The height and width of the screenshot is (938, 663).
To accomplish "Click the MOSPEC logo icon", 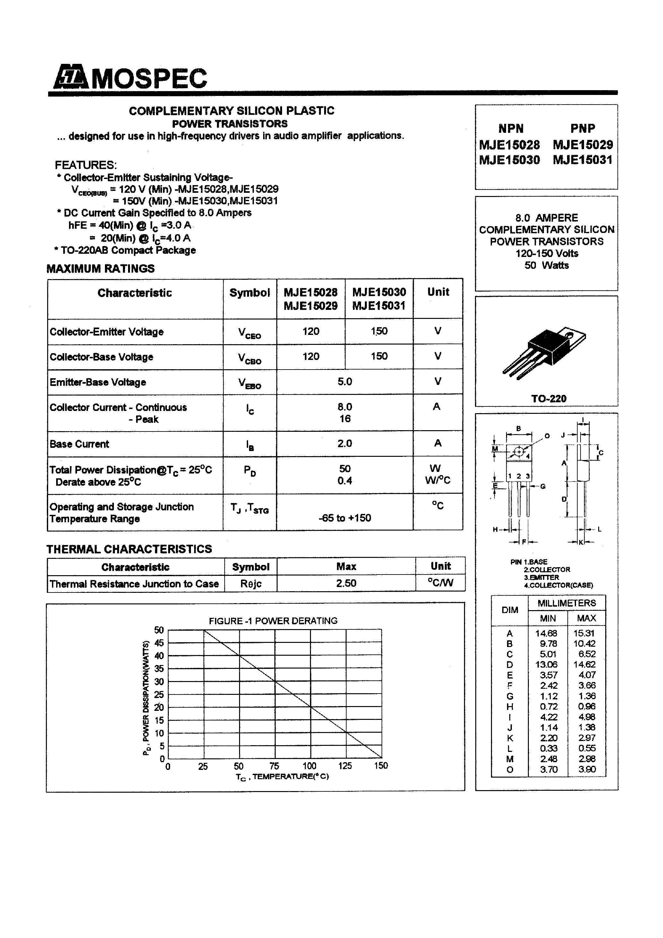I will click(70, 77).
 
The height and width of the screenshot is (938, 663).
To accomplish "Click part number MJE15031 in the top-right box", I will click(582, 160).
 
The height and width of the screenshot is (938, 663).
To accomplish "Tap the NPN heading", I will click(511, 129).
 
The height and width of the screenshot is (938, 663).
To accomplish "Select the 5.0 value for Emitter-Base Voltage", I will click(345, 381).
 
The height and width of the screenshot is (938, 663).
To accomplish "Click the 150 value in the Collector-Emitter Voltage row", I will click(379, 331).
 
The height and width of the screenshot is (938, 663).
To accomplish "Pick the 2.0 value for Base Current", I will click(345, 443).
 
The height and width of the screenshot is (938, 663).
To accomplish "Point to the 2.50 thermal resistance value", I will click(346, 583).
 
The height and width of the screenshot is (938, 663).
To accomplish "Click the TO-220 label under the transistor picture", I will click(548, 399).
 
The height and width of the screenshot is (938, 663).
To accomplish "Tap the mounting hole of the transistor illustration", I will click(567, 335).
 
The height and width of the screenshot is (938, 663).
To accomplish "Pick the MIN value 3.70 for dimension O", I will click(548, 770).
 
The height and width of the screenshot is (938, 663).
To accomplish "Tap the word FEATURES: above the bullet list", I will click(86, 165).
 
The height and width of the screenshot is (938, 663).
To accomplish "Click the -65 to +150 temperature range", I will click(345, 518).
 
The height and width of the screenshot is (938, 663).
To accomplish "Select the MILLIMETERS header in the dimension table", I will click(566, 603).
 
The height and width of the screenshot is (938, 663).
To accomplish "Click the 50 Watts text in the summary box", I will click(547, 266).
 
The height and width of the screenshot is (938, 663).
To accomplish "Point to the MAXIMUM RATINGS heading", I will click(100, 269).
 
